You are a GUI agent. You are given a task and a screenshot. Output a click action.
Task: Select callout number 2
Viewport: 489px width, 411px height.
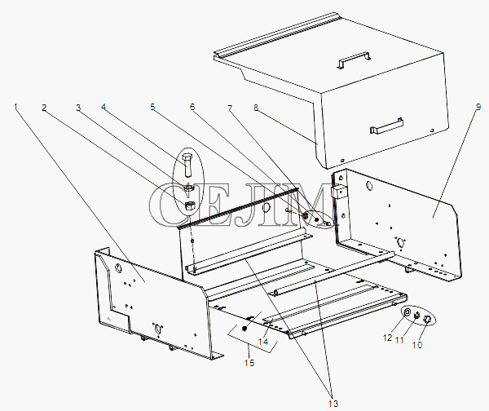pos(44,106)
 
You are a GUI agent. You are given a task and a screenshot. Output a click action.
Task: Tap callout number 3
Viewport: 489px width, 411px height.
pos(78,106)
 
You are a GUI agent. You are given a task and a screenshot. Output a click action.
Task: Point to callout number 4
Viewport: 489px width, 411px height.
pos(104,106)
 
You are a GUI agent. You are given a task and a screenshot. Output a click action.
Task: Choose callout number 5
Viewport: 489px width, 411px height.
pos(152,106)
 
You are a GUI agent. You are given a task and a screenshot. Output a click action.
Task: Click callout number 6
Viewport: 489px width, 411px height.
pos(192,106)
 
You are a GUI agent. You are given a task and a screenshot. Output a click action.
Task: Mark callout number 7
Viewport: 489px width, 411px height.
pos(231,106)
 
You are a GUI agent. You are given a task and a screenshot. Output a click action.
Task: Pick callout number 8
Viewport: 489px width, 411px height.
pos(255,106)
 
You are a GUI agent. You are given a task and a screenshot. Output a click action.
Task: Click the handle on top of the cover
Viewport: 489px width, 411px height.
pos(352,60)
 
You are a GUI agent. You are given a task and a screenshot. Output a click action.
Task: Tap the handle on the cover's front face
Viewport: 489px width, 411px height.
pos(386,126)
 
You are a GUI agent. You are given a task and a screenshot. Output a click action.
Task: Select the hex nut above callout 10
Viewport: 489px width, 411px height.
pos(426,319)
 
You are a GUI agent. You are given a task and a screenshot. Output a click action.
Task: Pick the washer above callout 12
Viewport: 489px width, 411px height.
pos(407,312)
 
